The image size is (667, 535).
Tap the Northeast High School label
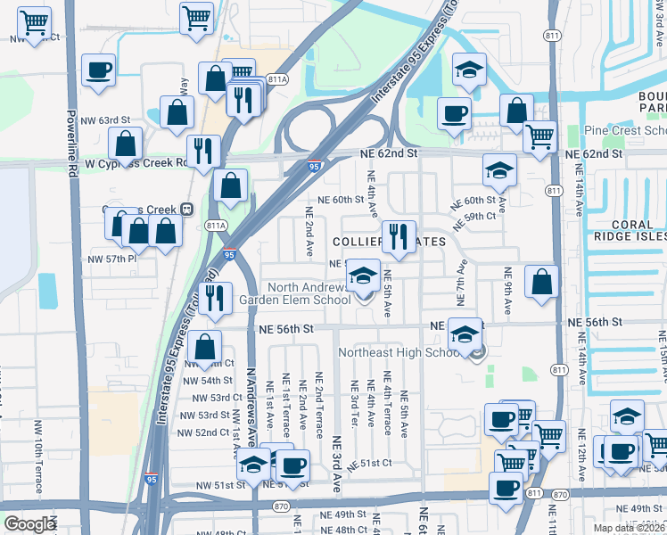(399, 352)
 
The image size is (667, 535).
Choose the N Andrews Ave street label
(251, 403)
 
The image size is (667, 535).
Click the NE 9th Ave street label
(507, 292)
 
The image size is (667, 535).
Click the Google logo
(30, 524)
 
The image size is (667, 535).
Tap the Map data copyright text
(630, 528)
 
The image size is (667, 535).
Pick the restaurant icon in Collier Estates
(398, 236)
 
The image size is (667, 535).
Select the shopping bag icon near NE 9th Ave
(541, 281)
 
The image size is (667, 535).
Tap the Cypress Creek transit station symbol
(186, 209)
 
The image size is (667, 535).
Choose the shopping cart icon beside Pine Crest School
(540, 136)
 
